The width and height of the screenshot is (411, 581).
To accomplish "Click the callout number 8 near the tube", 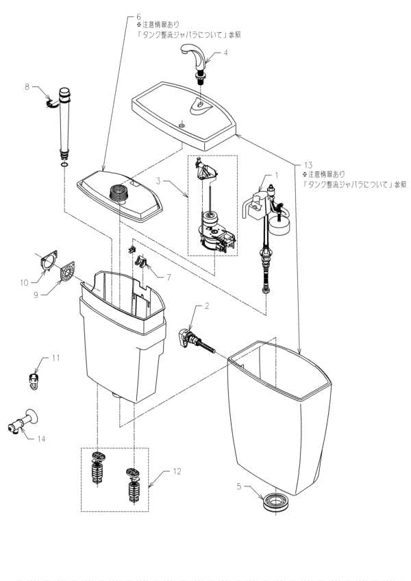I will point(27,87).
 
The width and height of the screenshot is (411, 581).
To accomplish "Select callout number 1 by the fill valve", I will point(277,175).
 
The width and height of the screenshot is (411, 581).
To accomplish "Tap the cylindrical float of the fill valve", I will point(278,222).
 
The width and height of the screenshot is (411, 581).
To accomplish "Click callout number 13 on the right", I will point(308,165).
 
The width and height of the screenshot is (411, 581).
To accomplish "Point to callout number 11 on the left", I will point(55,358).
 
